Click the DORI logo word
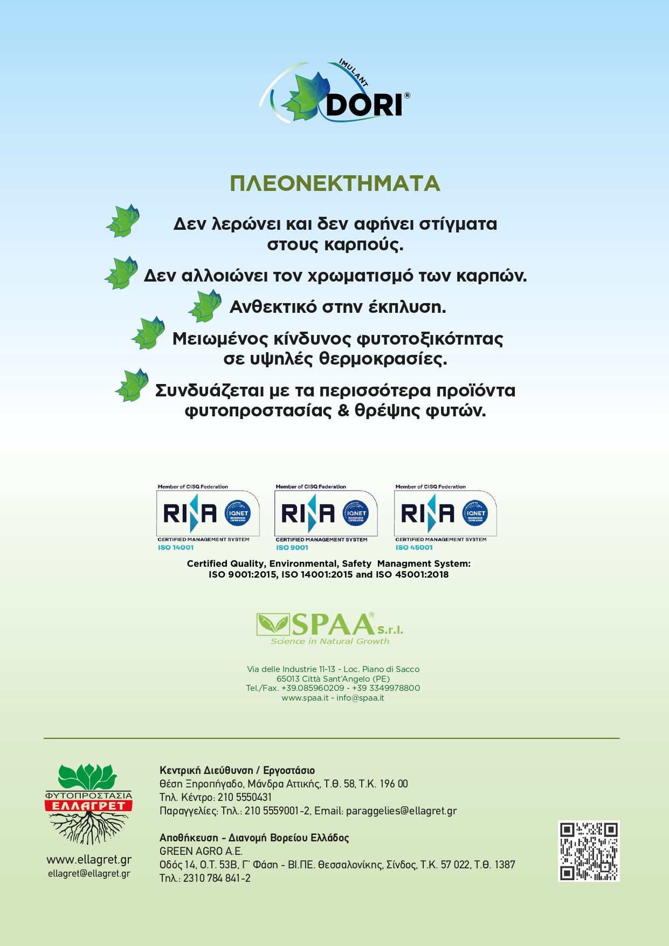tap(364, 105)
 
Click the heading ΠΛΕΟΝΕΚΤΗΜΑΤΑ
tap(335, 184)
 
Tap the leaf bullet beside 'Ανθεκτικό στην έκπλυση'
tap(205, 306)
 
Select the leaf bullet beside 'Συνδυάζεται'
tap(133, 385)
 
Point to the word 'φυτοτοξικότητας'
tap(430, 339)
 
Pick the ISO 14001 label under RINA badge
tap(176, 547)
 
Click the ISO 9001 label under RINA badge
tap(292, 547)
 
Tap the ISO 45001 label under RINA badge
tap(414, 547)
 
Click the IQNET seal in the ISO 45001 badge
tap(475, 513)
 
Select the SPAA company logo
tap(329, 625)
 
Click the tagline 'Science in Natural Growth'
tap(330, 641)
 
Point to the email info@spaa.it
tap(360, 698)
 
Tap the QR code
tap(589, 851)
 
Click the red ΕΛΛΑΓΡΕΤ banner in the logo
tap(88, 806)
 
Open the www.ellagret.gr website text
tap(89, 860)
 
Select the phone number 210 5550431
tap(245, 797)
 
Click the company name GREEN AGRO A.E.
tap(201, 851)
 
